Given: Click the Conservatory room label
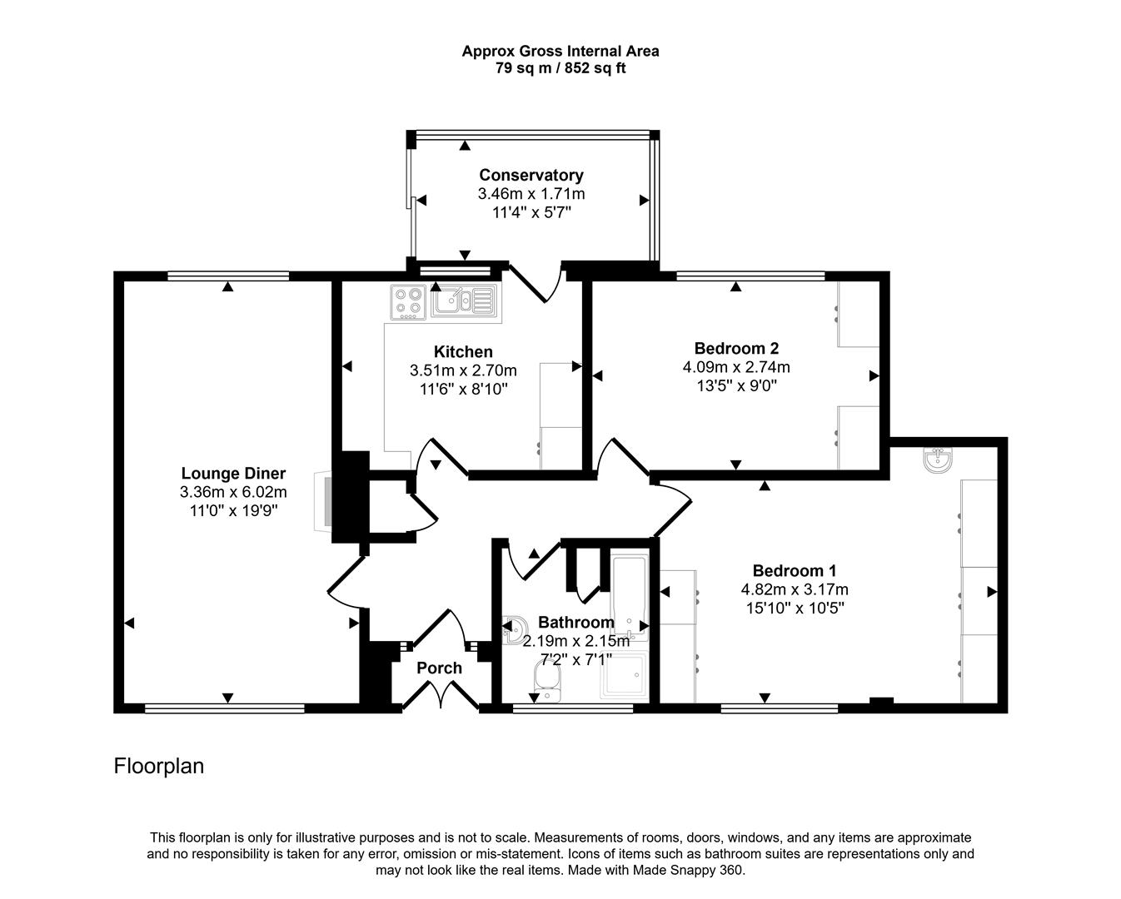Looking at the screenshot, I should pos(531,175).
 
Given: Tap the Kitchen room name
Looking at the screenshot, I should pos(463,351).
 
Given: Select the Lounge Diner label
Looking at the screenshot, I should pos(233,474).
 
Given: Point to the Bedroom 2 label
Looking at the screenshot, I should pos(736,348).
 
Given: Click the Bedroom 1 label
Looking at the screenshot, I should pos(794,570).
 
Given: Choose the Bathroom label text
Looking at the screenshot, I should pos(575,622).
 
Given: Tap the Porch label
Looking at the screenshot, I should pos(439,668).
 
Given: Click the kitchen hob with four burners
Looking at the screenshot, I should pos(408,302).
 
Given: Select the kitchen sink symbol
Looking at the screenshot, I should pos(463,300).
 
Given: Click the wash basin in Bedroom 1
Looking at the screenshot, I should pos(939,460).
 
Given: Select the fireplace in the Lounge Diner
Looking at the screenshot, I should pos(322,501).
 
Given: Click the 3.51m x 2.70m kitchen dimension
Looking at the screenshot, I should pos(463,370).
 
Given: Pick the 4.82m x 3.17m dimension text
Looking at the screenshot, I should pos(794,589).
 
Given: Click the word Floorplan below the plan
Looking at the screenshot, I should pos(158,766).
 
